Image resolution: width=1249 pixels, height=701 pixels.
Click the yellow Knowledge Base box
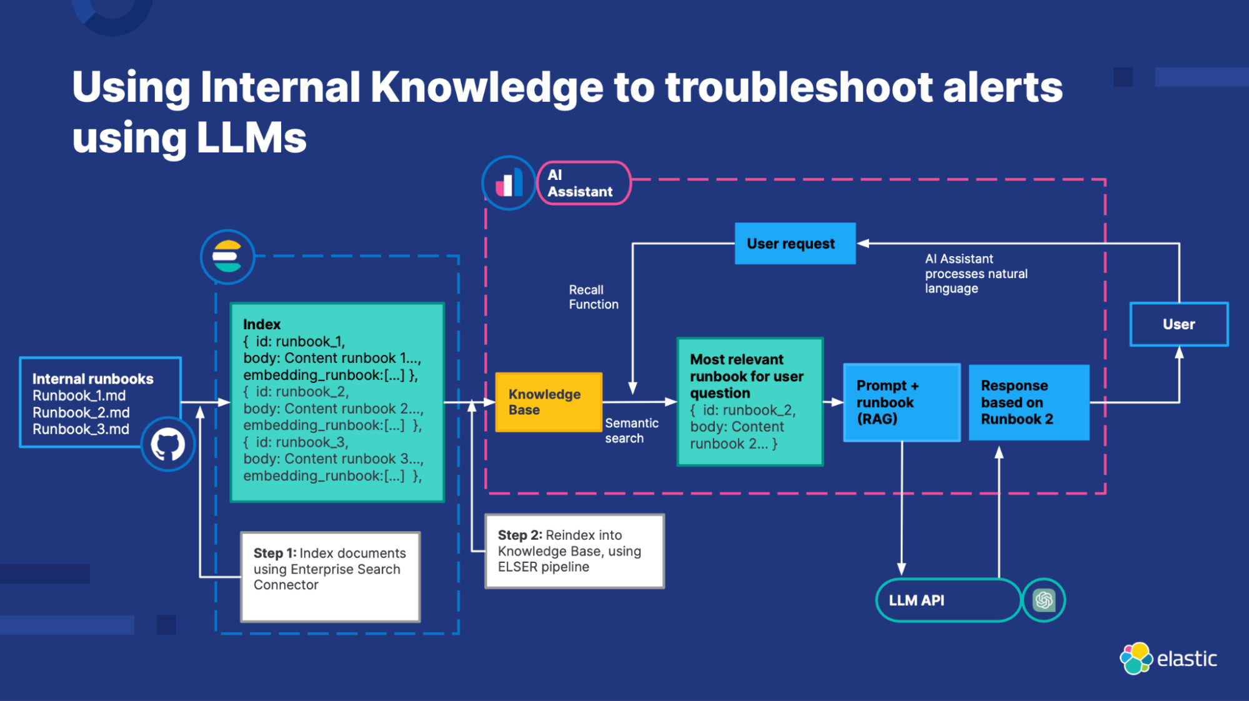pos(548,402)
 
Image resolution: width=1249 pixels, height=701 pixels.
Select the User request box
pos(795,244)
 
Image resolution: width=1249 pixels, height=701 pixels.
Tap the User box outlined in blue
pos(1178,324)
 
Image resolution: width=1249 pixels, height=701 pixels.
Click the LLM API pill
pos(947,600)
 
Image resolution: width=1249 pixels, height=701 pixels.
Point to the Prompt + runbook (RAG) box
pos(901,402)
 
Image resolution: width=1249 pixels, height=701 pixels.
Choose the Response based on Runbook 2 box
pos(1028,402)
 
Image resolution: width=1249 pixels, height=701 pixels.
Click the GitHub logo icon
pos(167,444)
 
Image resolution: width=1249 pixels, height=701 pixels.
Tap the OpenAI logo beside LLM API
pos(1043,600)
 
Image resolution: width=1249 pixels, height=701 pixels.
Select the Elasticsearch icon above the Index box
pos(227,257)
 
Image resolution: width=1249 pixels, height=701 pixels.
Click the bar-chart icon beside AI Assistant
pos(509,183)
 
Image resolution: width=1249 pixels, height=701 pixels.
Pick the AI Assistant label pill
pos(584,183)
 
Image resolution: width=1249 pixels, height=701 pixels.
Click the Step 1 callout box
pos(330,576)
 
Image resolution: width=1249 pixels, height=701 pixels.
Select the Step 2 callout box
pos(574,551)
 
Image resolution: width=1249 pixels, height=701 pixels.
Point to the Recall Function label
pos(593,297)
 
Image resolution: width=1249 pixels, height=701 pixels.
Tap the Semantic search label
pos(631,430)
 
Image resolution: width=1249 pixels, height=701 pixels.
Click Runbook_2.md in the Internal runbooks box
pos(81,412)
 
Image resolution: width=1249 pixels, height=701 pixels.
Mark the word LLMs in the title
pos(251,137)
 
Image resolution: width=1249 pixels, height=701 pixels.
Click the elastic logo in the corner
pos(1168,659)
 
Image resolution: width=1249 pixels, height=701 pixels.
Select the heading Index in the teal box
pos(262,324)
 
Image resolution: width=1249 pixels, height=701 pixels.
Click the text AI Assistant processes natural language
pos(975,274)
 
